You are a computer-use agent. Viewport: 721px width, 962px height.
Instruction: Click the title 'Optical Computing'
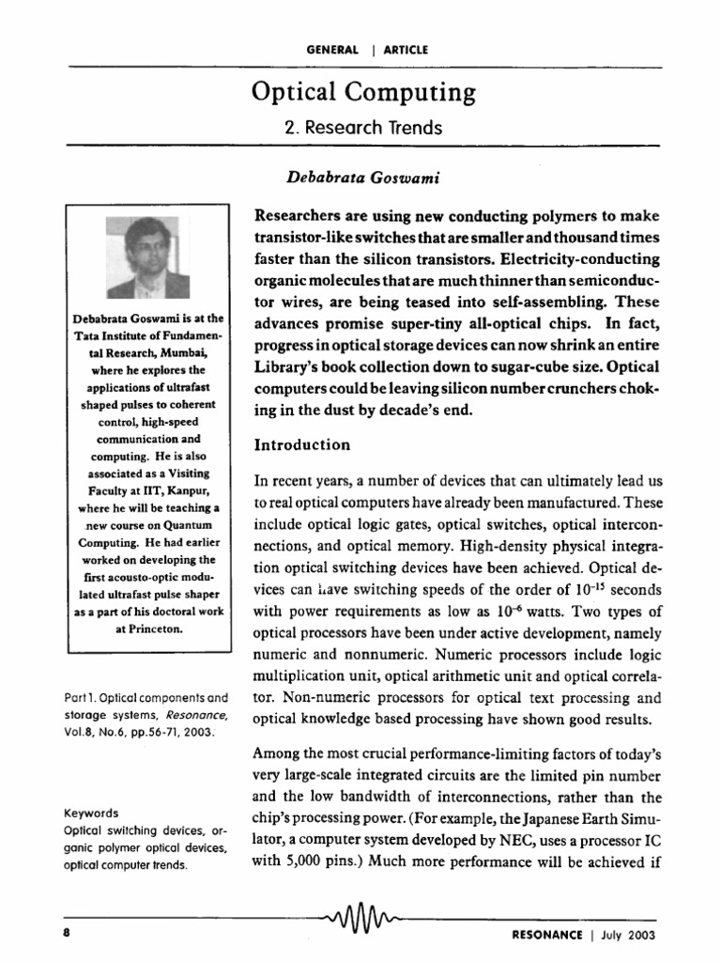(x=362, y=92)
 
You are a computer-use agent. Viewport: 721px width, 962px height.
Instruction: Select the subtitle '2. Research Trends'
(x=362, y=127)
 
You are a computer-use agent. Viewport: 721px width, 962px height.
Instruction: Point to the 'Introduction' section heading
(x=302, y=444)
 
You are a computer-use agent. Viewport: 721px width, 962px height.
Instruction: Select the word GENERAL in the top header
(x=332, y=49)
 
